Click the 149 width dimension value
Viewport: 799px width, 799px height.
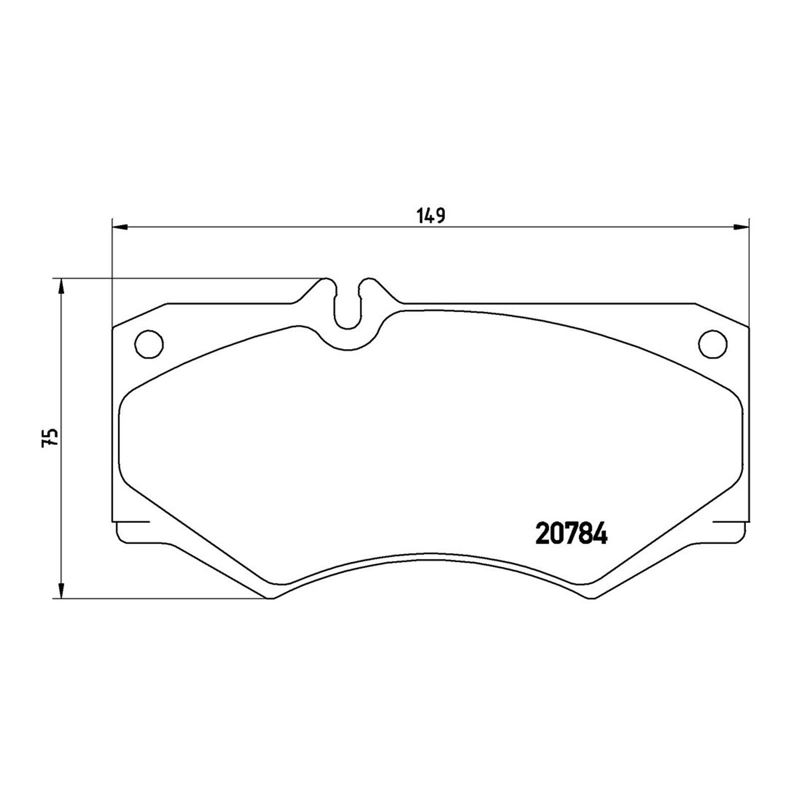[x=430, y=216]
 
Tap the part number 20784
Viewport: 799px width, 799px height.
[x=571, y=534]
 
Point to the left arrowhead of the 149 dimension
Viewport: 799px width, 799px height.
[x=120, y=228]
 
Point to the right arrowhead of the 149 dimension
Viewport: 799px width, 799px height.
[x=742, y=228]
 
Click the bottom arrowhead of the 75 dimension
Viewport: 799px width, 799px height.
[x=61, y=590]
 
